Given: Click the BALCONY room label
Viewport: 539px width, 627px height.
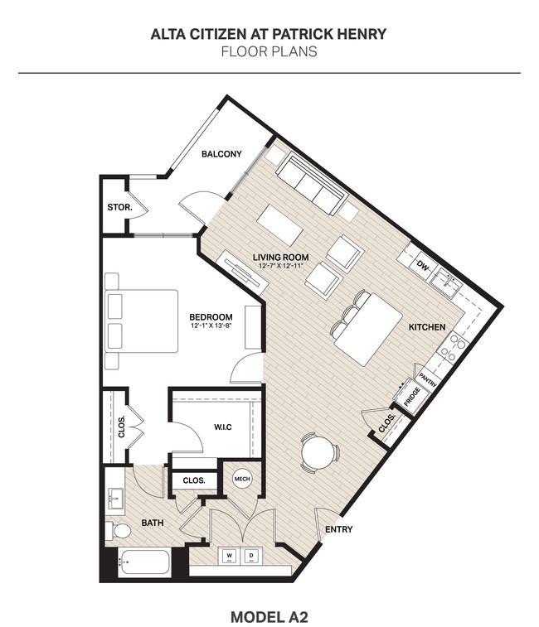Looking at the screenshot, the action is tap(221, 154).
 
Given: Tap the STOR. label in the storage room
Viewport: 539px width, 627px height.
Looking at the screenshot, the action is tap(119, 207).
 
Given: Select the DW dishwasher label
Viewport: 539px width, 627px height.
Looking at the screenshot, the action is tap(422, 265).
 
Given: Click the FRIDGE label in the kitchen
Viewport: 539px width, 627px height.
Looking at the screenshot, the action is tap(411, 396).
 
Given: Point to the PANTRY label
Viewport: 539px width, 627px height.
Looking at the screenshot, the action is tap(428, 379).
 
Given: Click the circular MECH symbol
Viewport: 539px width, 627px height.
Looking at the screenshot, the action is tap(242, 479).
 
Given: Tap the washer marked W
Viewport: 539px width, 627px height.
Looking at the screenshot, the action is tap(230, 556).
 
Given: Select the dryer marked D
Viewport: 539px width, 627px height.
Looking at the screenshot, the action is tap(251, 556).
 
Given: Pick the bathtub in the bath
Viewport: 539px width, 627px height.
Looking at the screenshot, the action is tap(144, 562).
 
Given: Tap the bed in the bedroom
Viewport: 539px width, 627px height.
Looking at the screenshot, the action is tap(141, 321).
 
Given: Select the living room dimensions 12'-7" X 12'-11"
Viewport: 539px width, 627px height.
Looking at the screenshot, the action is tap(281, 266).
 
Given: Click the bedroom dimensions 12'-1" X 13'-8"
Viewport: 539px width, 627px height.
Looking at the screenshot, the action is tap(211, 326).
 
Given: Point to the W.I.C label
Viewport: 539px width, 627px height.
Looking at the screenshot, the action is tap(222, 427).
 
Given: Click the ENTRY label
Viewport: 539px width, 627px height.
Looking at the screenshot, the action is tap(339, 529).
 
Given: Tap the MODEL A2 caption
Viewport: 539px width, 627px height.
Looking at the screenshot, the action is tap(269, 617).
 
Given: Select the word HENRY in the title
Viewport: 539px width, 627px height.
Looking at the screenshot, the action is tap(362, 34).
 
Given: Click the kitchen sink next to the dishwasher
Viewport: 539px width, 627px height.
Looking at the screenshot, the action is tap(446, 281).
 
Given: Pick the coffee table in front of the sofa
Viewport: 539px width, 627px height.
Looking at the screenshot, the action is tap(280, 225).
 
